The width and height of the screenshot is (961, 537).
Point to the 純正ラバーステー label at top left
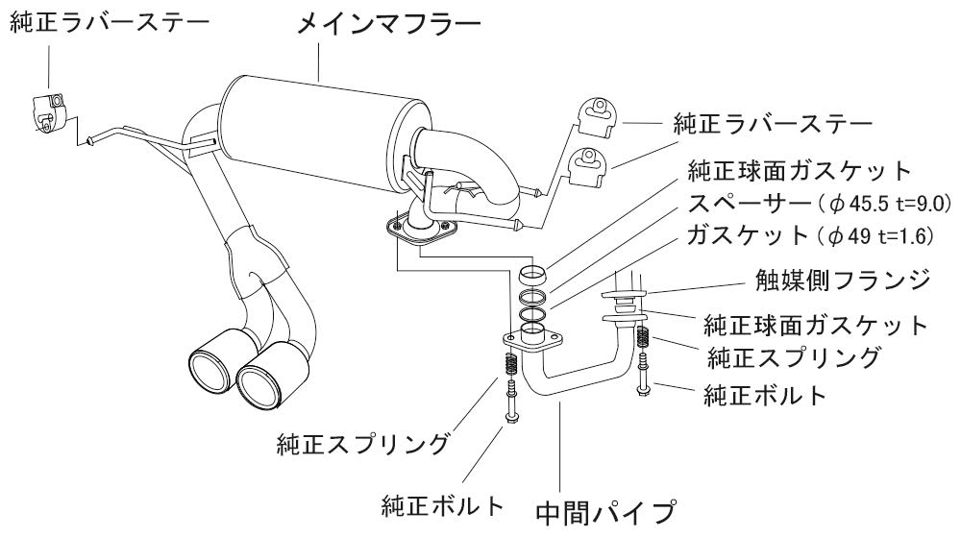point(108,22)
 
